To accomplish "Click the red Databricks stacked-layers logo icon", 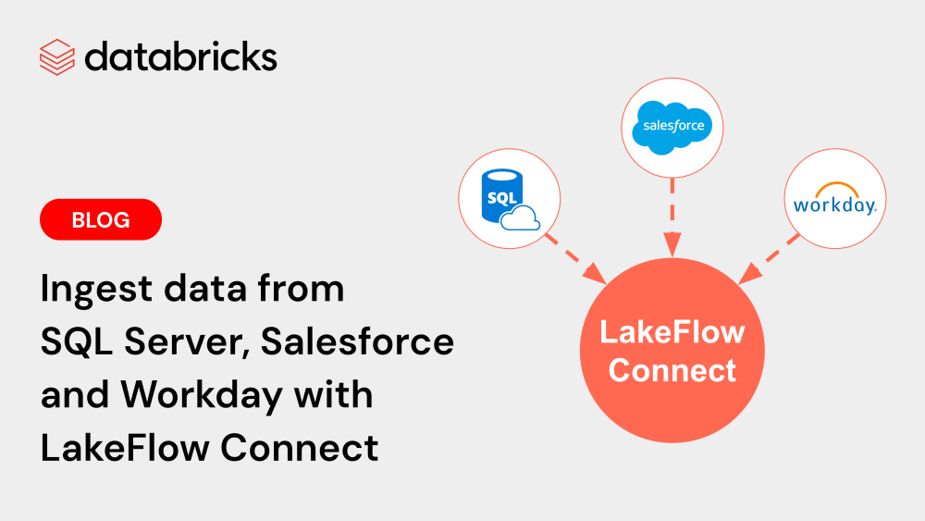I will pyautogui.click(x=56, y=57).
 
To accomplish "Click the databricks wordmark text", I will pyautogui.click(x=180, y=57).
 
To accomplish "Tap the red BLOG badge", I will pyautogui.click(x=101, y=220).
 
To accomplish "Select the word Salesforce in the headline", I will pyautogui.click(x=357, y=342).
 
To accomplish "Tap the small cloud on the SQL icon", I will pyautogui.click(x=519, y=217).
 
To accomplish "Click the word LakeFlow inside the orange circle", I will pyautogui.click(x=672, y=333).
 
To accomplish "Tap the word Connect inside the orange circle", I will pyautogui.click(x=672, y=371).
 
